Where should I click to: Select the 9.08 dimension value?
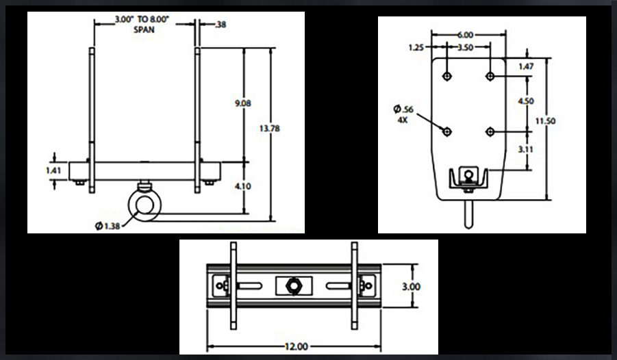click(244, 103)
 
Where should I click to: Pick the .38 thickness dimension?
click(221, 25)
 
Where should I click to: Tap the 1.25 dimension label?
click(416, 48)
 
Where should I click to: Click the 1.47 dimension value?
click(526, 66)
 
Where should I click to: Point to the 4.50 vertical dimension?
click(526, 101)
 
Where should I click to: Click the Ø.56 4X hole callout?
click(404, 113)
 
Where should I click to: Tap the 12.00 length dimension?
click(295, 347)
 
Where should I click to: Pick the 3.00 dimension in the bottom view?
click(411, 286)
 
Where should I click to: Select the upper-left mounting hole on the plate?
click(446, 75)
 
